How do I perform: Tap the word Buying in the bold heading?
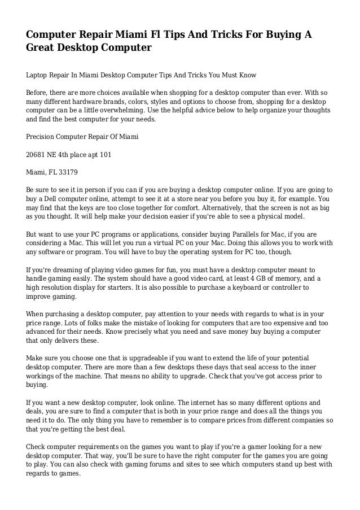click(279, 34)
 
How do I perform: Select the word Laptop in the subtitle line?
click(38, 74)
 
